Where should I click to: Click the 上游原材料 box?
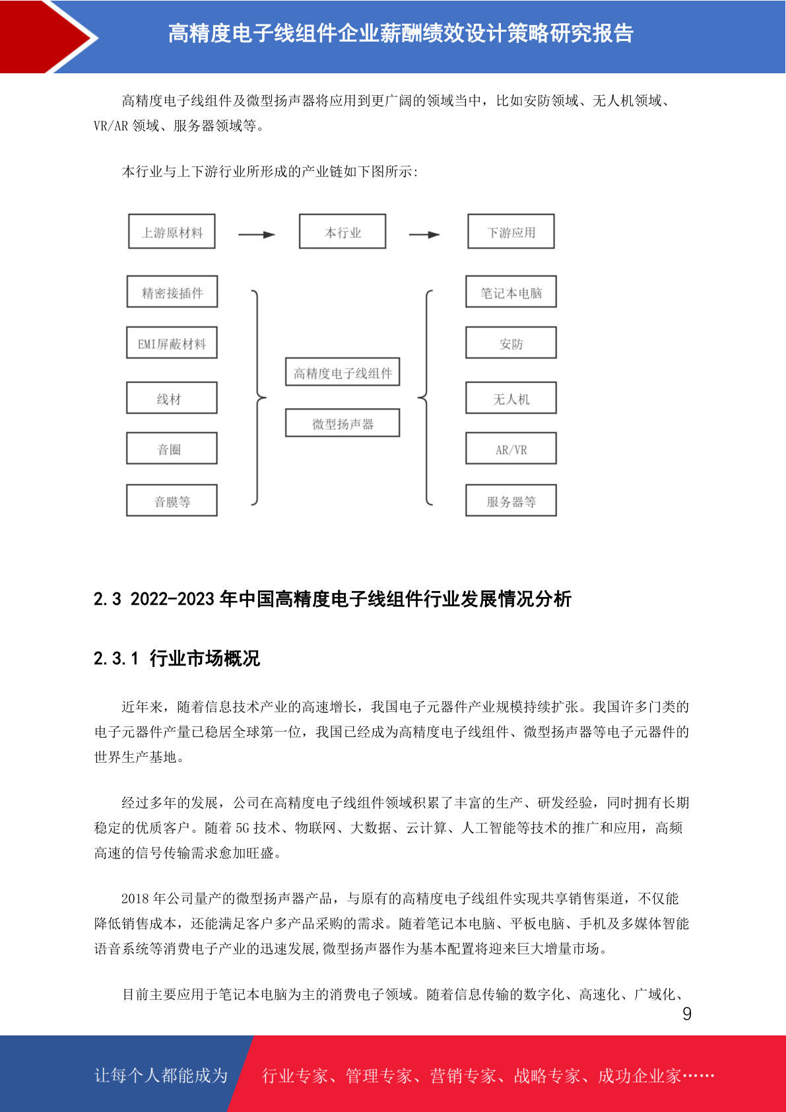click(x=172, y=232)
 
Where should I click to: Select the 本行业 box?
click(x=343, y=232)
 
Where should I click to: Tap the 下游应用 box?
click(x=511, y=232)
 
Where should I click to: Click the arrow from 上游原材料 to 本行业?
click(x=257, y=234)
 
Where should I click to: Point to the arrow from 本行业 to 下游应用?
click(x=424, y=234)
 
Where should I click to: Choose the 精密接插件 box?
click(x=172, y=292)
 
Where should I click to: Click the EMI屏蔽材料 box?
click(x=172, y=343)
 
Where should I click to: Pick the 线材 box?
click(x=172, y=398)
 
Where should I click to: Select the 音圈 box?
click(x=172, y=449)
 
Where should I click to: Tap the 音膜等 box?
click(x=172, y=501)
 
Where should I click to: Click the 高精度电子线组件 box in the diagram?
click(x=343, y=372)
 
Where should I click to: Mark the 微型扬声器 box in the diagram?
click(x=343, y=423)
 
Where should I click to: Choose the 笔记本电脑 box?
click(x=511, y=292)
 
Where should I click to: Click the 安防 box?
click(x=511, y=343)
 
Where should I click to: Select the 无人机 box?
click(x=511, y=398)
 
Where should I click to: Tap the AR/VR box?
click(x=511, y=449)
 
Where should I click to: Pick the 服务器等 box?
click(x=511, y=501)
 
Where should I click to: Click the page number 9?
click(x=687, y=1014)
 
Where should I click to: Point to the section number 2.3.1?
click(x=116, y=658)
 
